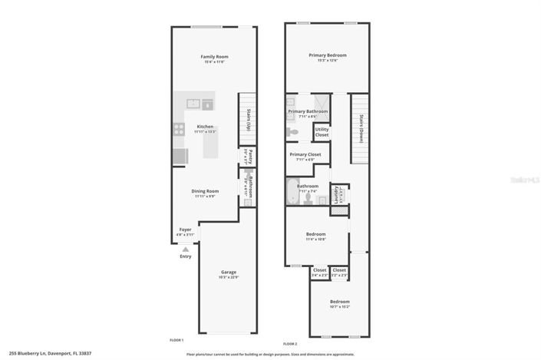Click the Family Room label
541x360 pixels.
pos(215,57)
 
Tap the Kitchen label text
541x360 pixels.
pos(205,127)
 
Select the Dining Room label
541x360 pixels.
pos(206,191)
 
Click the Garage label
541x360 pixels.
pos(229,272)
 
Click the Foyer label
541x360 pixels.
pos(185,230)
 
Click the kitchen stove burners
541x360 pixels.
pos(178,131)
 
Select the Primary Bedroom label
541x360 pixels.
pos(328,55)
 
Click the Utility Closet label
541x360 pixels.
pos(322,132)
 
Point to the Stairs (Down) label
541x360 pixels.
pos(361,128)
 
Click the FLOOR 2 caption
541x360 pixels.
pos(290,343)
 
